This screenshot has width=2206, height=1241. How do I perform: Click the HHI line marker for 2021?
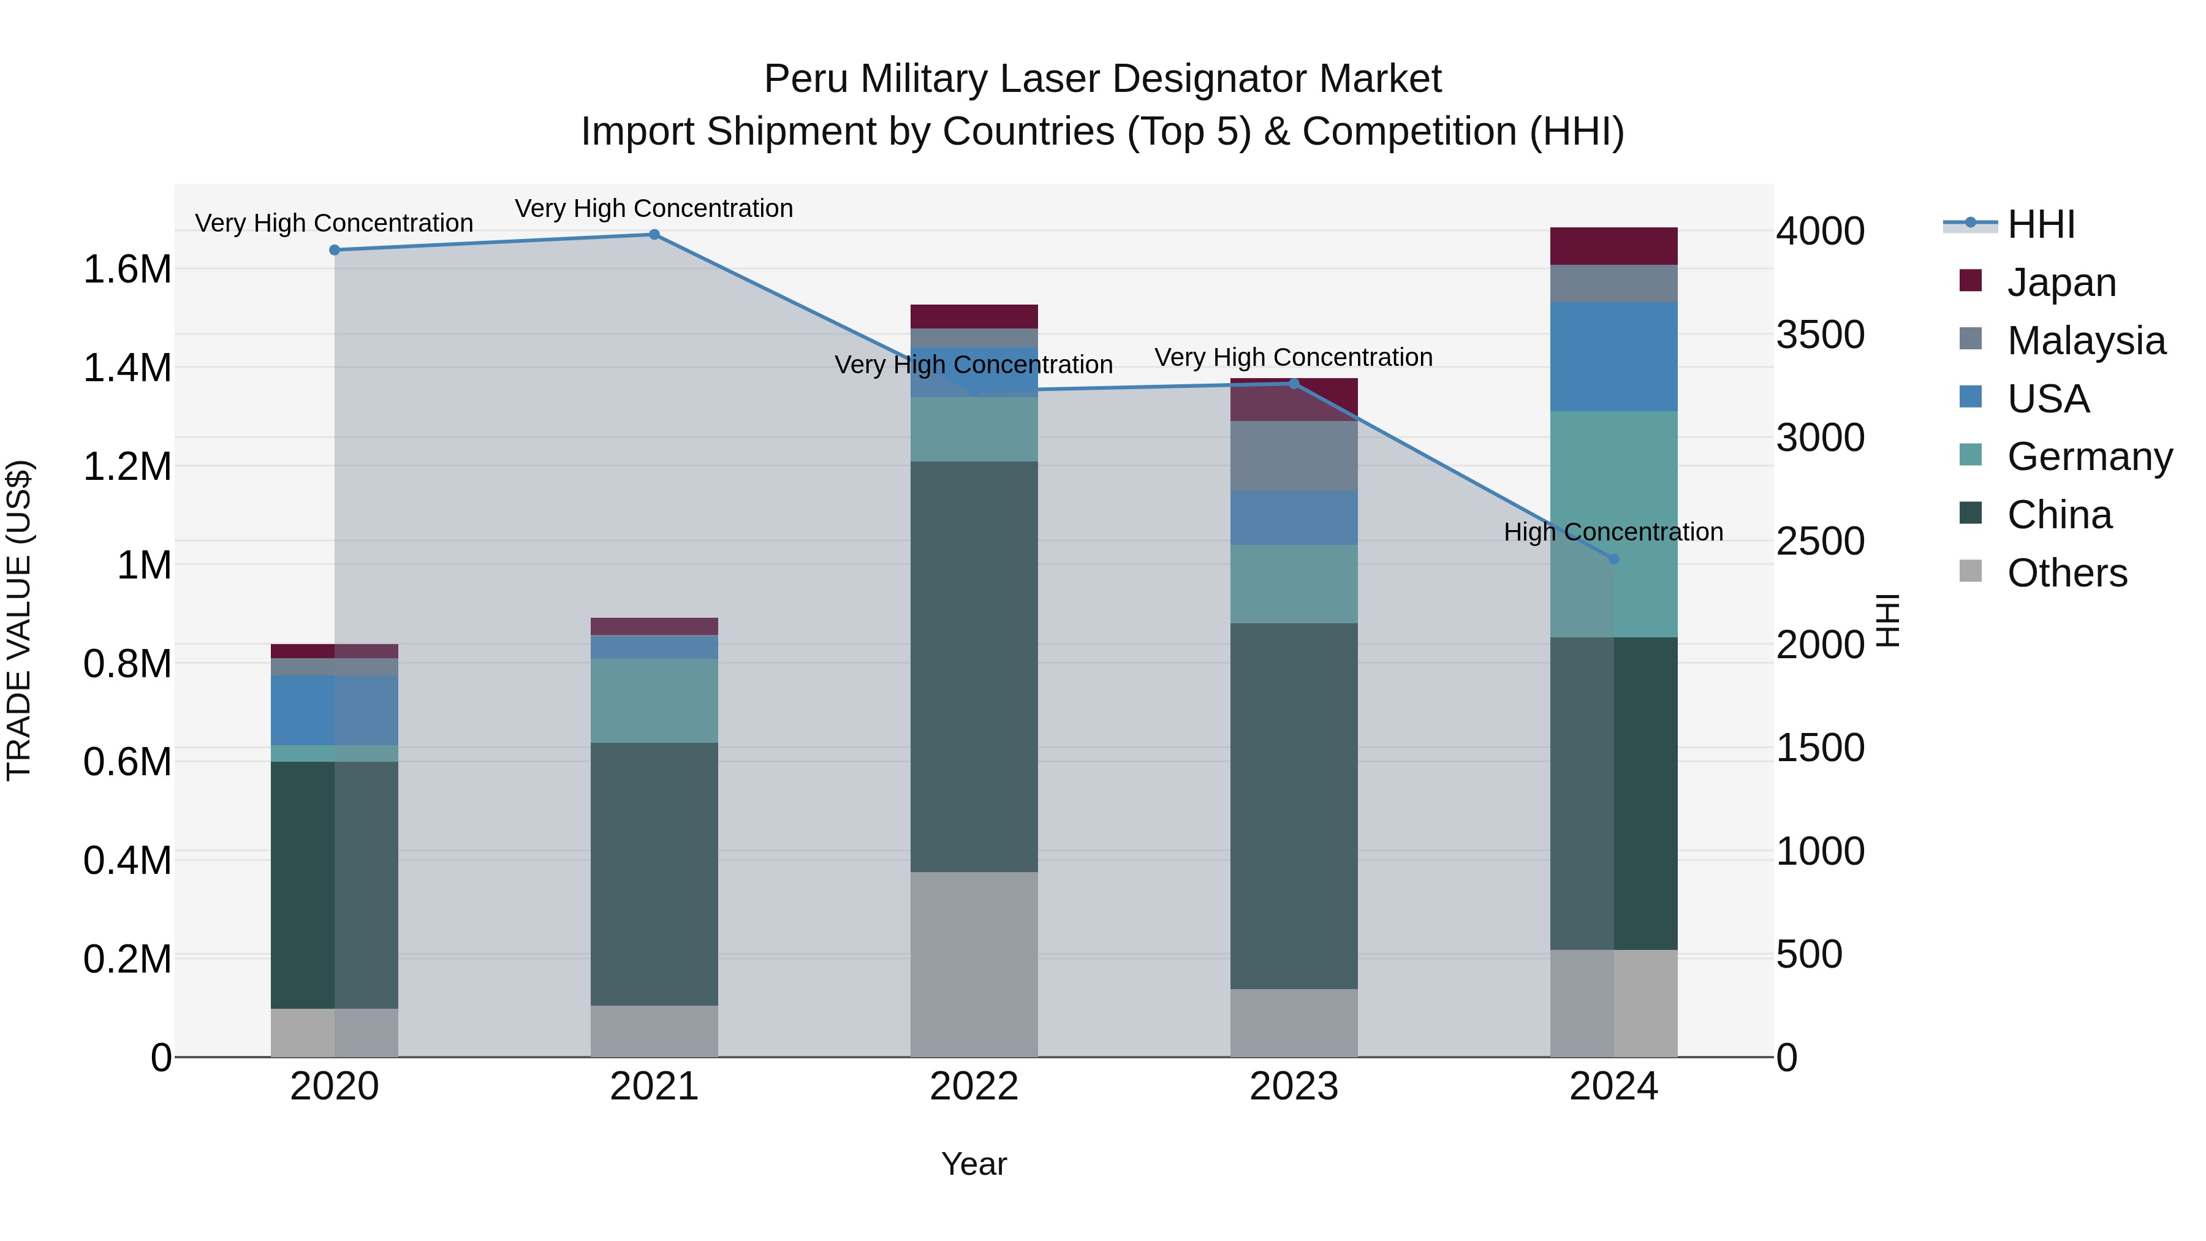(x=654, y=235)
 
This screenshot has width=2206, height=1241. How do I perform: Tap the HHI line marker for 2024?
(x=1613, y=560)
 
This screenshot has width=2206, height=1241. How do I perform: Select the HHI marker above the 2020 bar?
(x=335, y=250)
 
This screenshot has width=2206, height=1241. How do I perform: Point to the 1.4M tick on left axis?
(x=127, y=368)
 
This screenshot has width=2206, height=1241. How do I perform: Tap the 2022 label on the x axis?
(x=974, y=1087)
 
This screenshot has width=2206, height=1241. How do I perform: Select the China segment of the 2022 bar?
(x=974, y=666)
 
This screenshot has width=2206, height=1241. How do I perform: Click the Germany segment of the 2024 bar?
(x=1613, y=523)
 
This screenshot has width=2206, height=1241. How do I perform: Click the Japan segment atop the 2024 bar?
(x=1613, y=246)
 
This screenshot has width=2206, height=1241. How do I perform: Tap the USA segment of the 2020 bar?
(x=335, y=710)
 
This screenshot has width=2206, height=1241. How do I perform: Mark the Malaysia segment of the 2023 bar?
(x=1294, y=455)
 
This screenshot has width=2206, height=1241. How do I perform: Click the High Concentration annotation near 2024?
(x=1613, y=532)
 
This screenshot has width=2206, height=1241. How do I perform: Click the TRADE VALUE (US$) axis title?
(x=19, y=620)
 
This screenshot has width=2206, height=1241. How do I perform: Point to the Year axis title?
(x=974, y=1164)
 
